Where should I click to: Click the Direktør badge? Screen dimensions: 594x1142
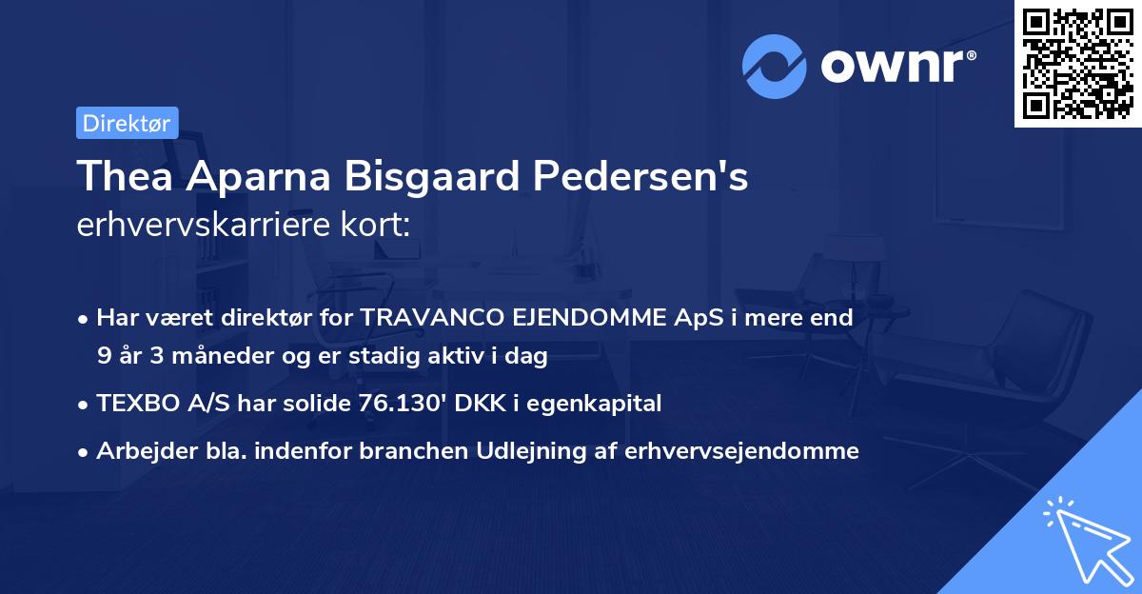pos(127,123)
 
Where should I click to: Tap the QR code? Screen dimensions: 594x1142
pos(1078,64)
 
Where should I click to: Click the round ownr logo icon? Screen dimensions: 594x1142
pos(775,66)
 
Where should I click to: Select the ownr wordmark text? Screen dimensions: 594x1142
pos(896,66)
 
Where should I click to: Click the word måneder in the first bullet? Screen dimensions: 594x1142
pos(219,356)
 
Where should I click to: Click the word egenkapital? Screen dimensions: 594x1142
pos(598,404)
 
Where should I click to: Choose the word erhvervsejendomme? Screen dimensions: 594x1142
pos(742,451)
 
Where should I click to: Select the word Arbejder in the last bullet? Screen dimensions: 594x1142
pos(139,451)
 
